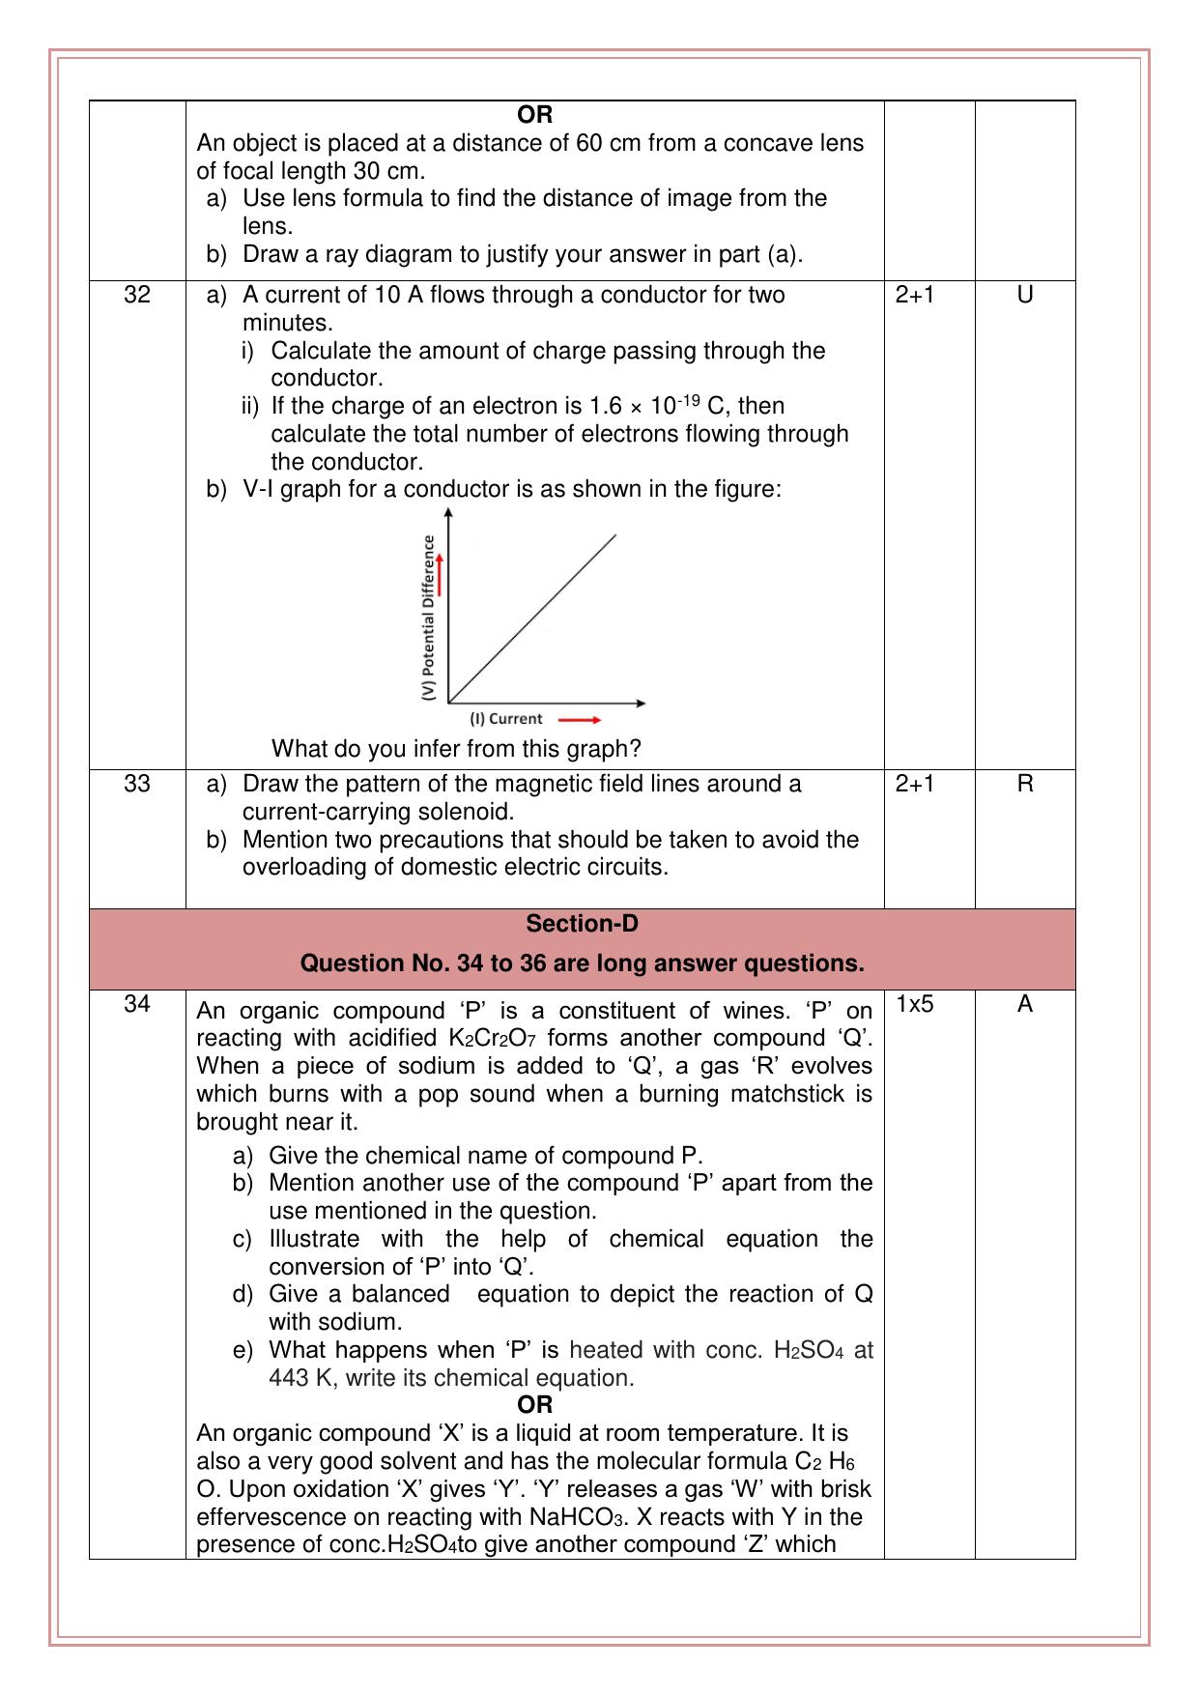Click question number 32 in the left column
click(137, 295)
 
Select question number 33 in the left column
click(137, 784)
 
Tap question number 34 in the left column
click(137, 1004)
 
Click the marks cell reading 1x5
click(915, 1004)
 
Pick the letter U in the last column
click(1025, 295)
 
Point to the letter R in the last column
click(1025, 784)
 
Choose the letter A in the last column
click(1025, 1004)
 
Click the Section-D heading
click(582, 924)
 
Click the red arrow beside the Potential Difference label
click(440, 574)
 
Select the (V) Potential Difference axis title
click(429, 618)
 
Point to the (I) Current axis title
click(506, 719)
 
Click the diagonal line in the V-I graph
click(532, 618)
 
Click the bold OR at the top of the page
click(534, 115)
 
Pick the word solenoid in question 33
click(464, 812)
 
